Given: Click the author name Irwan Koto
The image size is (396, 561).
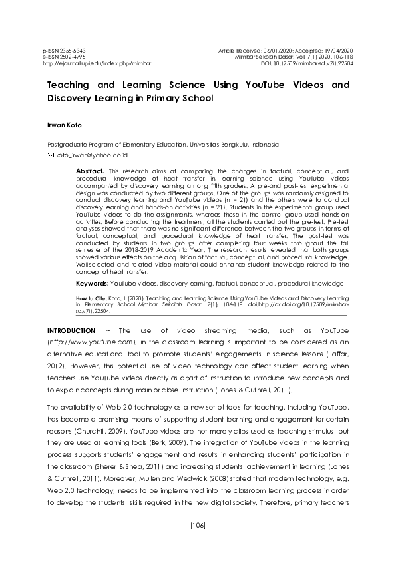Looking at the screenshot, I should tap(63, 125).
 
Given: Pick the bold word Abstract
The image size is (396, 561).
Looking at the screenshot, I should tap(90, 171).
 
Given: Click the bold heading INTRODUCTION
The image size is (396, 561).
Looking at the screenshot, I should tap(71, 330).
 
